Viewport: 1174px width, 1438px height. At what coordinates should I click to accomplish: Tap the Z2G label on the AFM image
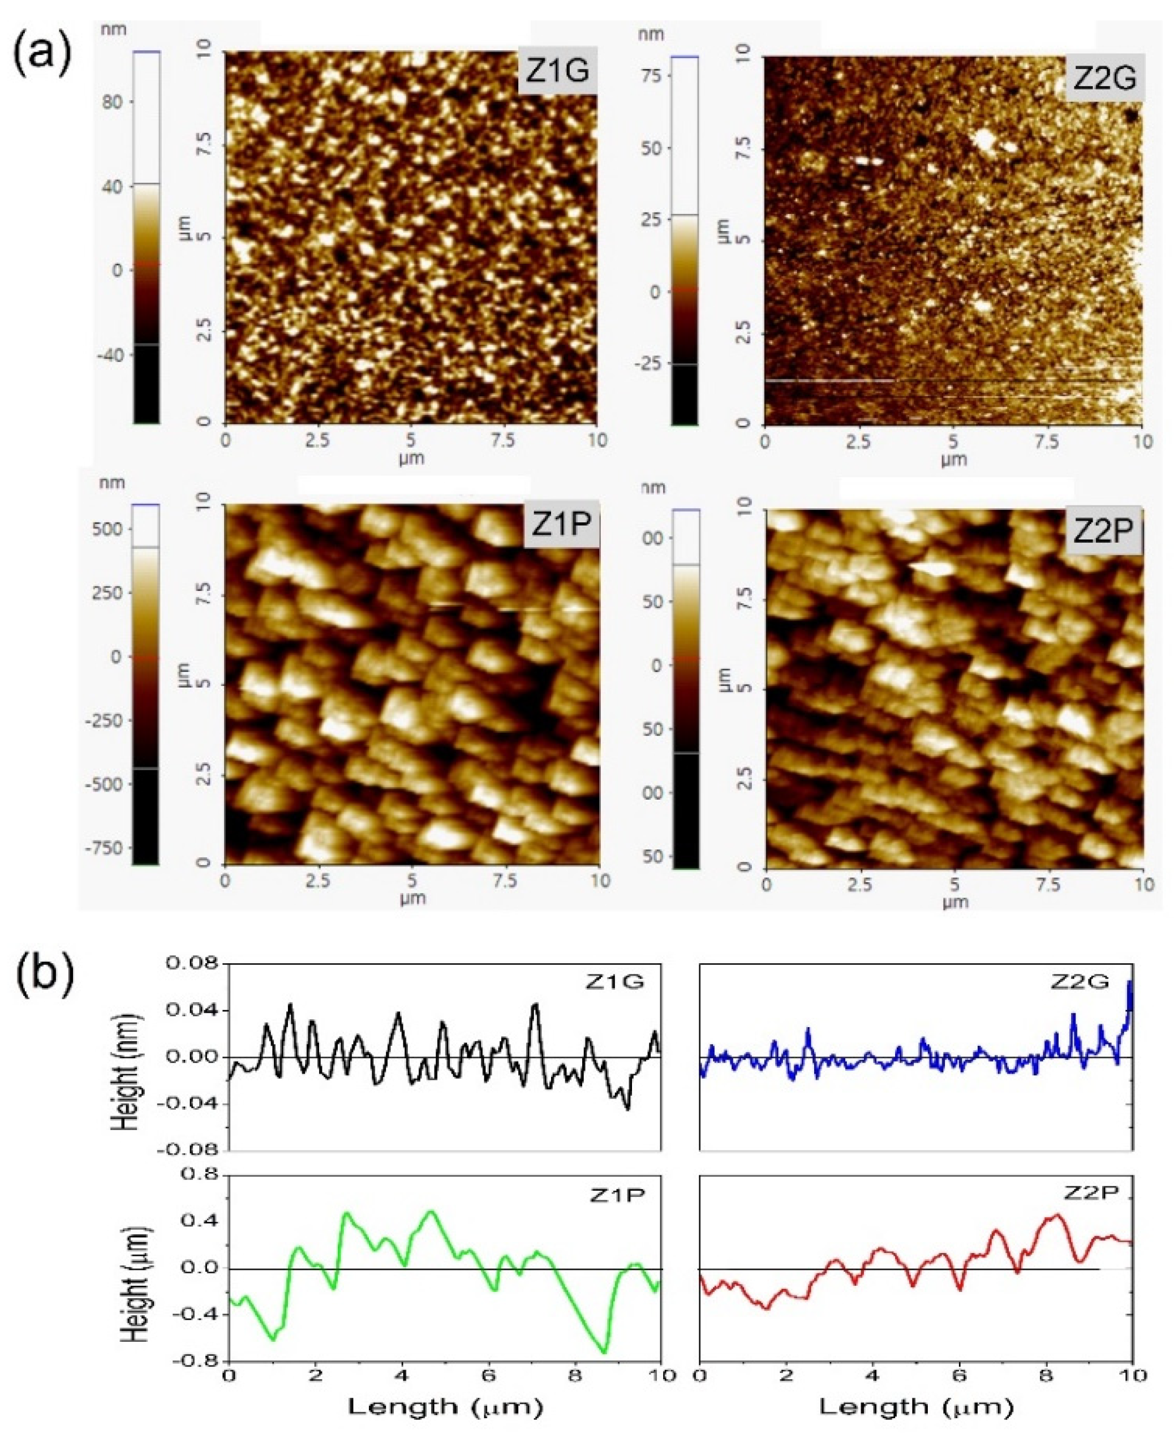tap(1104, 79)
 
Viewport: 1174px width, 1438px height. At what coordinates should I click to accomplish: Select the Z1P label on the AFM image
tap(561, 524)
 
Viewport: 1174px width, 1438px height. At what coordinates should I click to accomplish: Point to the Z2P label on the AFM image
tap(1103, 531)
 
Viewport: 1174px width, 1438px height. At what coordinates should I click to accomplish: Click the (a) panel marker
tap(42, 53)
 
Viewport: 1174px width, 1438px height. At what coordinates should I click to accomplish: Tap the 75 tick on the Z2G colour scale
tap(651, 75)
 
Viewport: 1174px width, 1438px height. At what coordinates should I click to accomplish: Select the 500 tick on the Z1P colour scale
tap(109, 529)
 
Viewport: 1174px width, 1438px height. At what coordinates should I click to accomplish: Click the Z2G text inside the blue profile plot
tap(1080, 982)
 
